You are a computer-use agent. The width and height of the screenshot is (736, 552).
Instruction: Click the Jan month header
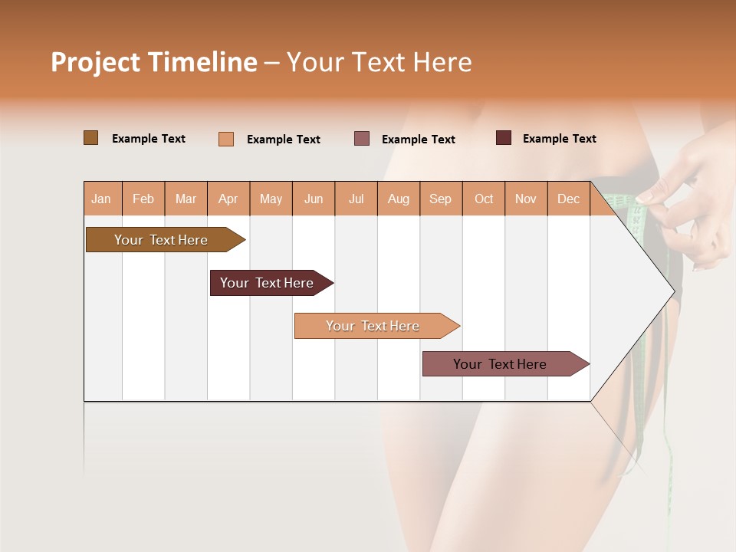click(x=102, y=199)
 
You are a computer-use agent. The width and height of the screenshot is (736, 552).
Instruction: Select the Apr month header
click(x=228, y=199)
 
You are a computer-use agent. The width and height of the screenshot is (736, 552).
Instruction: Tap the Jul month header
click(x=356, y=199)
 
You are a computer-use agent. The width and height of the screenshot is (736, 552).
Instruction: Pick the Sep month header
click(x=441, y=199)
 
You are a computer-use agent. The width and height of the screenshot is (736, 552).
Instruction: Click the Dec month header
click(x=568, y=199)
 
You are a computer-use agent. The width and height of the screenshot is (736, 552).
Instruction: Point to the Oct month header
click(x=484, y=199)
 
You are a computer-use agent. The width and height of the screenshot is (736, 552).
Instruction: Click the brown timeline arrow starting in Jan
click(x=162, y=240)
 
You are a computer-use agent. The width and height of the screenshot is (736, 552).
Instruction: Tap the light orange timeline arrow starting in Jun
click(x=373, y=326)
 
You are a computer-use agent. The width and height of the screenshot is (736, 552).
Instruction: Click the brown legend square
click(x=90, y=138)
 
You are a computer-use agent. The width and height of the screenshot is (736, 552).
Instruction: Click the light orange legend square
click(x=226, y=139)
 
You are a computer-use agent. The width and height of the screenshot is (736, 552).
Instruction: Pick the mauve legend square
click(x=362, y=139)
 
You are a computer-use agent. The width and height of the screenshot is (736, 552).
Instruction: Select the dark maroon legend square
click(x=504, y=138)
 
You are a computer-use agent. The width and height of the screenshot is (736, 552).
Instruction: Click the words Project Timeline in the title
click(x=153, y=62)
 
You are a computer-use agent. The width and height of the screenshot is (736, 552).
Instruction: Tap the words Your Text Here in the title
click(x=379, y=62)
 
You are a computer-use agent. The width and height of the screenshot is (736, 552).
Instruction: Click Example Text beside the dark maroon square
click(x=559, y=139)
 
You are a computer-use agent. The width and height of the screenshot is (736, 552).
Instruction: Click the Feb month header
click(x=143, y=199)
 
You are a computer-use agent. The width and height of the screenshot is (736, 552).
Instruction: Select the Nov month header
click(x=526, y=199)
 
